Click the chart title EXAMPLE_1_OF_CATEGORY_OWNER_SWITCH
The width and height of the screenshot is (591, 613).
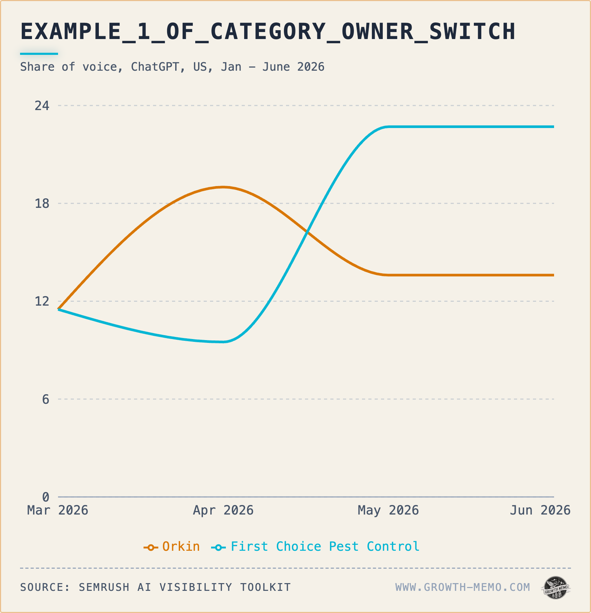pos(268,32)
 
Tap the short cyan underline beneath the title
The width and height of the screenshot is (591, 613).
pos(39,54)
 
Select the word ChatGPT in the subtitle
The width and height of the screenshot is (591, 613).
pos(155,67)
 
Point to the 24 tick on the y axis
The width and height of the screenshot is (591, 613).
pos(42,106)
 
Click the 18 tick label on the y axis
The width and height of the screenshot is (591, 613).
pos(42,203)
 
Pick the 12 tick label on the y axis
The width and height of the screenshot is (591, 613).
pos(42,301)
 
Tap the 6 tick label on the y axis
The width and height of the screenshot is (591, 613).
pos(46,399)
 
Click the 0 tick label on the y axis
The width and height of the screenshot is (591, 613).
pos(46,497)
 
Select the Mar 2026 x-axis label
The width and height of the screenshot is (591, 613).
pos(58,510)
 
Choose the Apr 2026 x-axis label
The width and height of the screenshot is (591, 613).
pos(223,510)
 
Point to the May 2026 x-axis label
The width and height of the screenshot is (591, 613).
pos(388,510)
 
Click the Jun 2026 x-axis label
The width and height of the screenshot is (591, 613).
pos(540,510)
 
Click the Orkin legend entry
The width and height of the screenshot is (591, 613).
pos(172,547)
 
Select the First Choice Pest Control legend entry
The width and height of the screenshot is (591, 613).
pos(316,547)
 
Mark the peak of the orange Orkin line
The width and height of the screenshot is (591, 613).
pos(223,187)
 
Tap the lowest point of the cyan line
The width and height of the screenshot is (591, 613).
pos(223,342)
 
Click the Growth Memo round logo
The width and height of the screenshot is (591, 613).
pos(556,588)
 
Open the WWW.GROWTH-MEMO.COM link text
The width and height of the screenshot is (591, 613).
pos(463,587)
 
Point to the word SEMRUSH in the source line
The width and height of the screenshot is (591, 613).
pos(104,587)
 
